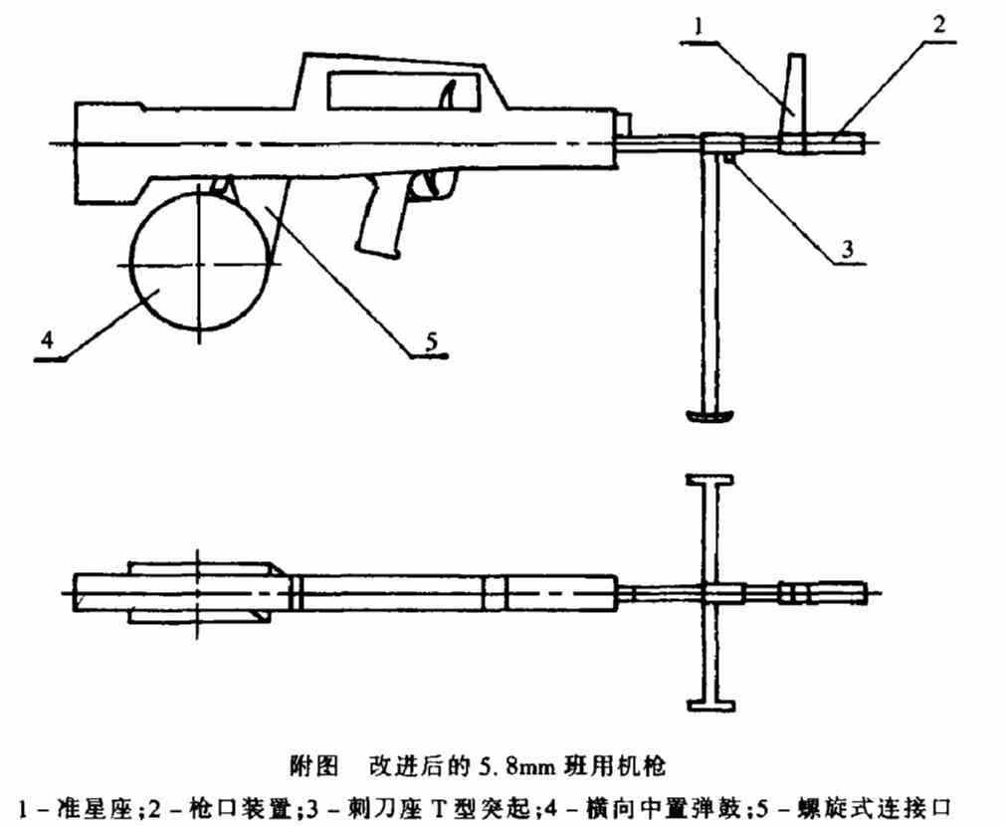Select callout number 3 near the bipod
pyautogui.click(x=847, y=249)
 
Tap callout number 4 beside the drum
pyautogui.click(x=45, y=342)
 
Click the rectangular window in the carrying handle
pyautogui.click(x=398, y=94)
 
